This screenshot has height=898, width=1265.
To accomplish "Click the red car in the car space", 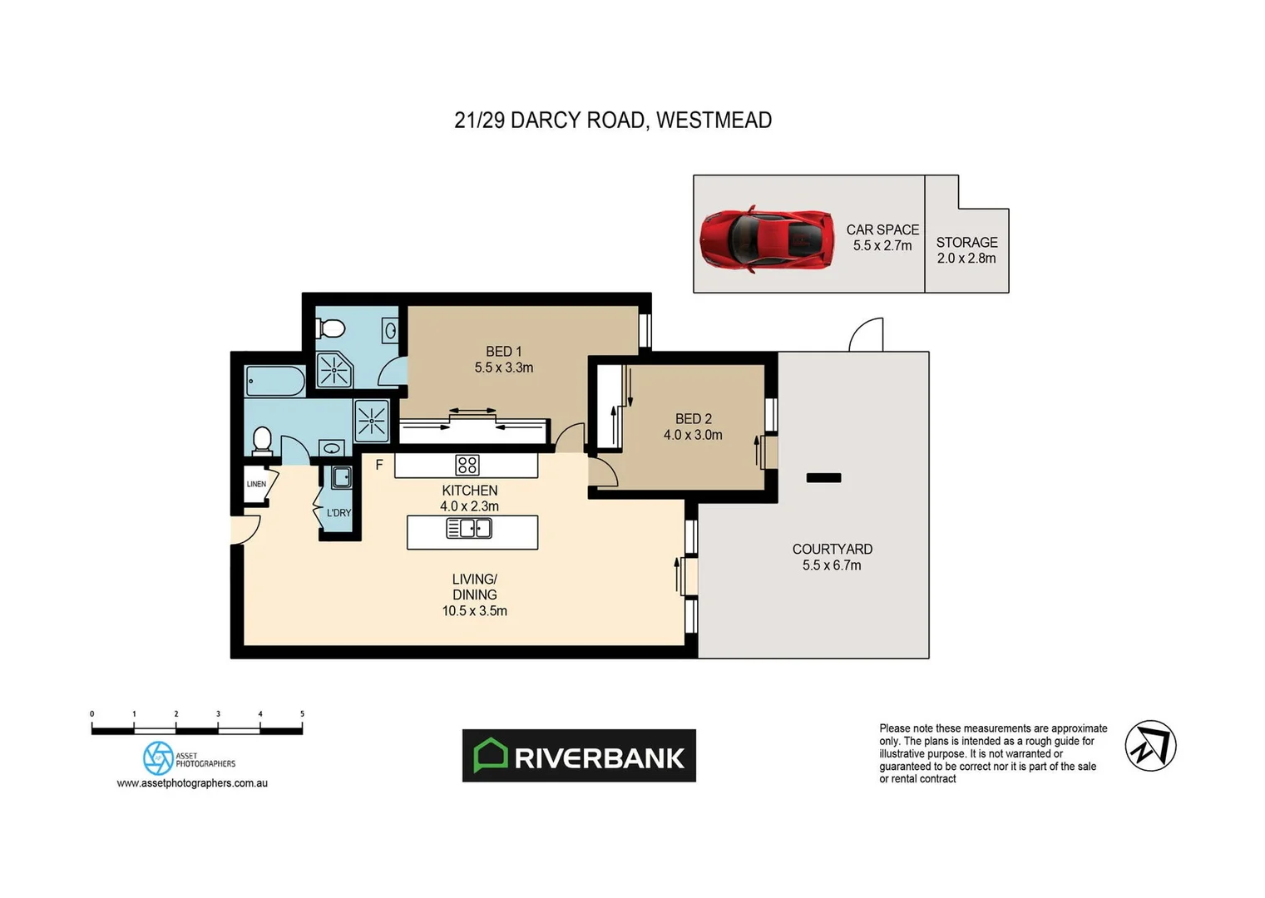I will pos(766,239).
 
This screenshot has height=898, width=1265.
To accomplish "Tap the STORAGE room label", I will pos(966,242).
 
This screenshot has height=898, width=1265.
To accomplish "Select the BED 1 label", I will pos(503,352).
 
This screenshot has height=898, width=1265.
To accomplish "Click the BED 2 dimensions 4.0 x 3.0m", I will pos(693,435).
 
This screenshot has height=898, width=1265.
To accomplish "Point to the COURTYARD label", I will pos(832,549).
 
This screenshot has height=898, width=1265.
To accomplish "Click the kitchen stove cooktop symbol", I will pos(467,465).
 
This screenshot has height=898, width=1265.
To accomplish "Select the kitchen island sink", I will pos(469,528).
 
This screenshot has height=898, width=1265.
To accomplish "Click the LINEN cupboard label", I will pos(256,484).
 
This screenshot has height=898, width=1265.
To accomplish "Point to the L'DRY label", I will pos(338,513).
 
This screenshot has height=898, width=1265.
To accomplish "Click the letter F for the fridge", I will pos(379,465).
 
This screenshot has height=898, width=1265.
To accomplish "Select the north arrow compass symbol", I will pos(1150,746).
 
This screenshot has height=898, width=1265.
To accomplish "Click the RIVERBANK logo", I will pos(579,756).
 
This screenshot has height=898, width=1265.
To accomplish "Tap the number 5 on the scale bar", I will pos(302,714).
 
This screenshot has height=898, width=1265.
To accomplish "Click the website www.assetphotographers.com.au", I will pos(192,783).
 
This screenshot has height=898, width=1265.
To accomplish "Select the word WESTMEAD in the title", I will pos(714,121).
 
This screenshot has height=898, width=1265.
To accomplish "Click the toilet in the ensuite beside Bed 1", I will pos(331,328).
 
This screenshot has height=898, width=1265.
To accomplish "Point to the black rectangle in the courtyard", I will pos(823,478).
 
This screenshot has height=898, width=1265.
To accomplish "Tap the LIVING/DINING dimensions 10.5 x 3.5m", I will pos(474,611).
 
